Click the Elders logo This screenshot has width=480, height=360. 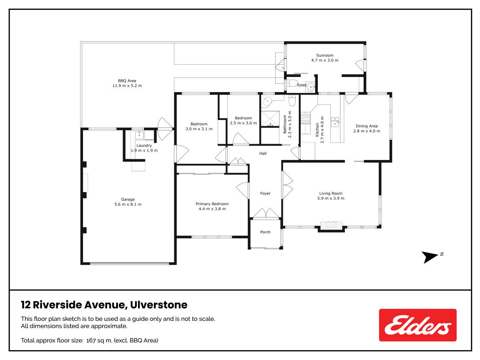point(417,325)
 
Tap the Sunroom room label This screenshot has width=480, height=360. point(325,55)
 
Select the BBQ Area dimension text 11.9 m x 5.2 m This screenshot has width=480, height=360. point(127,86)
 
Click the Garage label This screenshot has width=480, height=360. point(128,200)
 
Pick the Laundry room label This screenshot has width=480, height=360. point(144,145)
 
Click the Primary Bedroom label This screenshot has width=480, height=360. point(212,204)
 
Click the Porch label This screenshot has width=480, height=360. point(265,232)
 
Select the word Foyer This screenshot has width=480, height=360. point(265,193)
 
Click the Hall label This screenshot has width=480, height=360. point(263,154)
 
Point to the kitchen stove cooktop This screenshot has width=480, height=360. point(306,119)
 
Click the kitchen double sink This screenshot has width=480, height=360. point(335,122)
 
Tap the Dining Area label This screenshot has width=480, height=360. point(367,126)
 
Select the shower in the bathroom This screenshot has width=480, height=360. point(270,119)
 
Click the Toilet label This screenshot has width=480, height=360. point(302,85)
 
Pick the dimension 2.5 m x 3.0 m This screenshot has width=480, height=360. point(244,123)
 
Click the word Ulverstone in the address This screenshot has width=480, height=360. point(158,305)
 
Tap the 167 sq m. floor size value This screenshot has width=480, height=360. point(99,340)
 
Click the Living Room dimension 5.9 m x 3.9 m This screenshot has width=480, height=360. point(331,198)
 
